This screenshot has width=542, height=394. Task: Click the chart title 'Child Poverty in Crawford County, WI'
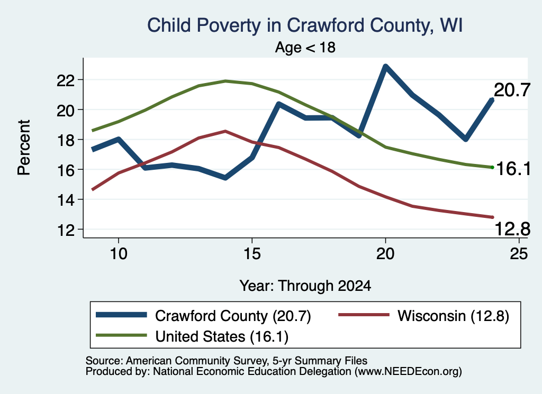(305, 25)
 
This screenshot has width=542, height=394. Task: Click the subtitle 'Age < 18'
(305, 47)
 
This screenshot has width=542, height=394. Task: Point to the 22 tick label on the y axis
(65, 80)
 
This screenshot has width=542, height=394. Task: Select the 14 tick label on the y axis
(65, 200)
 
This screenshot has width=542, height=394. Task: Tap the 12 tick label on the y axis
(65, 230)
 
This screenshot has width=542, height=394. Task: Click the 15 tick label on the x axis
(252, 254)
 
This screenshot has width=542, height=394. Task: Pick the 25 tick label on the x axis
(519, 254)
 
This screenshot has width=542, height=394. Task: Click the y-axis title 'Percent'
(24, 148)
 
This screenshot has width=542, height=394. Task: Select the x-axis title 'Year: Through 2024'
(305, 286)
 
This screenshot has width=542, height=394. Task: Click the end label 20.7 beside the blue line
(512, 90)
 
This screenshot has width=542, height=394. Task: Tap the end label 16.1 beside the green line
(513, 169)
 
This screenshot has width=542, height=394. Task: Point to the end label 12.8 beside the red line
(512, 229)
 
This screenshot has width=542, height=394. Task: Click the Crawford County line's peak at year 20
(385, 66)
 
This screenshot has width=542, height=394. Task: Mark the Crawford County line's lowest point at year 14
(225, 178)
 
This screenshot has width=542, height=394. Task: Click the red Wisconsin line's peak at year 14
(225, 131)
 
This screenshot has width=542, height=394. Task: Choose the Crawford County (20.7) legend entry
(203, 316)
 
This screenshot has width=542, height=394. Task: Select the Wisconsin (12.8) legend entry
(424, 316)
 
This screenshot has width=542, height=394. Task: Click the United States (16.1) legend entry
(192, 336)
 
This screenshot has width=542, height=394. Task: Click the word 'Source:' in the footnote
(104, 361)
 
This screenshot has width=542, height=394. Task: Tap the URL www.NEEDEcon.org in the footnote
(408, 372)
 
